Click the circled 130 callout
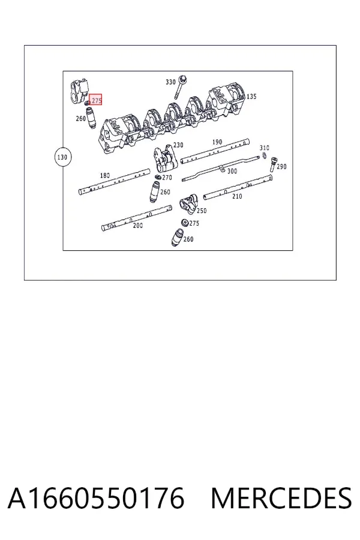click(62, 157)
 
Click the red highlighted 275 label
click(96, 100)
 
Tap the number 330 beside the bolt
click(170, 82)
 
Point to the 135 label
click(251, 97)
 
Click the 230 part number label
click(178, 145)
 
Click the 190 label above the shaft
click(217, 142)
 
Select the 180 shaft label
click(105, 175)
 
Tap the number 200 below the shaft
click(138, 226)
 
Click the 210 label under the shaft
click(237, 196)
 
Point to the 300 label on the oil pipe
click(232, 171)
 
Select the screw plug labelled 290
click(272, 164)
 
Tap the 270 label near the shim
click(167, 178)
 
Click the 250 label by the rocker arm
click(202, 211)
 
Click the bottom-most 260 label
click(188, 239)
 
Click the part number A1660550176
click(96, 499)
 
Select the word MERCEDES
click(281, 499)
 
